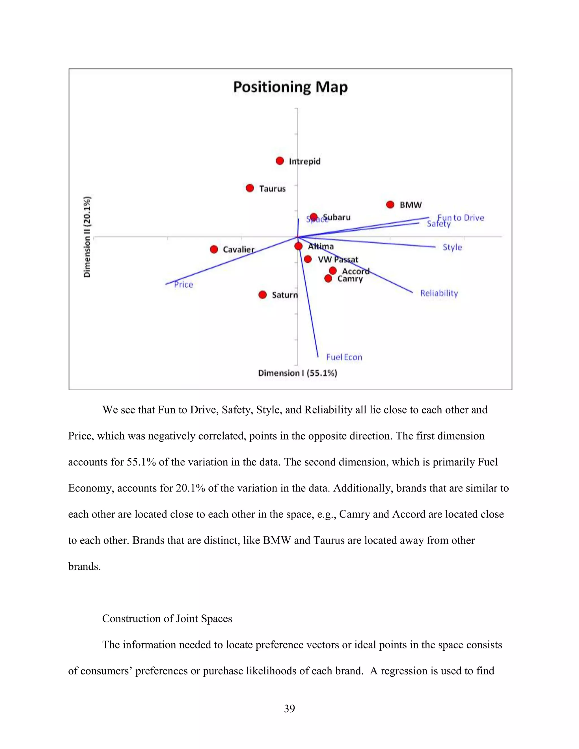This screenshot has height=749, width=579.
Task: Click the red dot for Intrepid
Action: pyautogui.click(x=280, y=161)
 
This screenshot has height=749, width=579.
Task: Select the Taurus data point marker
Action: pyautogui.click(x=250, y=188)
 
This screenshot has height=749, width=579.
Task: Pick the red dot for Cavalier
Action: pyautogui.click(x=214, y=249)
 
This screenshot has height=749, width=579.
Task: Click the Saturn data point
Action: pyautogui.click(x=263, y=295)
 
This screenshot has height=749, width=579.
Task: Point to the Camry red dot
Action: pyautogui.click(x=328, y=278)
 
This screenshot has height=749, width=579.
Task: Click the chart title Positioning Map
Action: pyautogui.click(x=290, y=87)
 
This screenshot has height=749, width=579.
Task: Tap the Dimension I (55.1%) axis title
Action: pyautogui.click(x=297, y=373)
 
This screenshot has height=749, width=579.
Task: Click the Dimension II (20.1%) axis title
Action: pyautogui.click(x=87, y=237)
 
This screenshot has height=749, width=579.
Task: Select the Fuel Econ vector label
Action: pyautogui.click(x=344, y=357)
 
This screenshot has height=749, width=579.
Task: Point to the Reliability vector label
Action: pyautogui.click(x=439, y=293)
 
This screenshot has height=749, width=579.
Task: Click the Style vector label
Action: pyautogui.click(x=452, y=247)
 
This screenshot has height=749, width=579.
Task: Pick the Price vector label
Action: pyautogui.click(x=183, y=285)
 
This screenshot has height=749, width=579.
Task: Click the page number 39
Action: pyautogui.click(x=289, y=708)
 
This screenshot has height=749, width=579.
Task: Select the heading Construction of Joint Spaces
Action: pyautogui.click(x=167, y=618)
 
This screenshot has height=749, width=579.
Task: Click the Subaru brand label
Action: pyautogui.click(x=337, y=217)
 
